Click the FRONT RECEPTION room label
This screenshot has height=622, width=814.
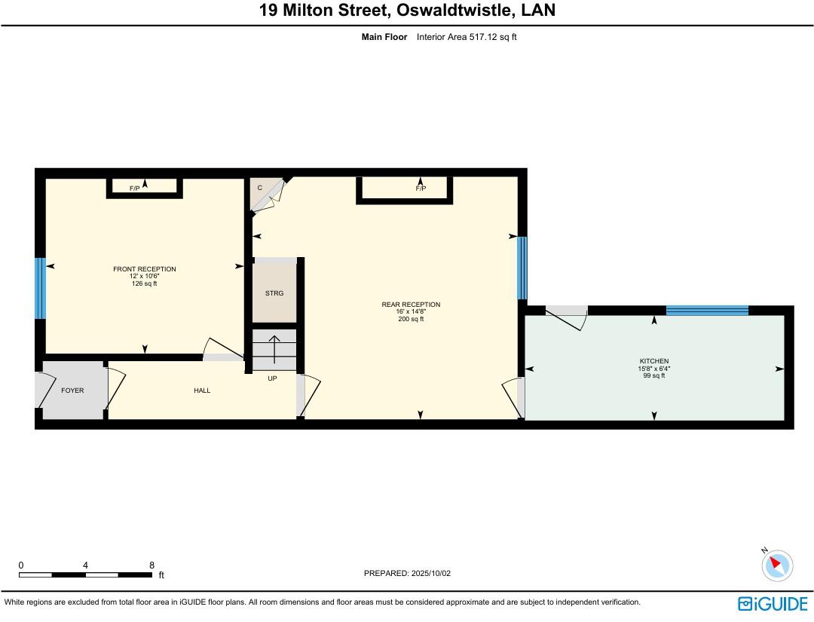(144, 269)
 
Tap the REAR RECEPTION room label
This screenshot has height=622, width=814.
(411, 305)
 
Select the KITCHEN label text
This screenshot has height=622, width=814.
(653, 361)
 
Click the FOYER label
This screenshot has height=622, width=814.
(72, 391)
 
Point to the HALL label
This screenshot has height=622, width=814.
(202, 391)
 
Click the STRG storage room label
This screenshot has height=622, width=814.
(274, 293)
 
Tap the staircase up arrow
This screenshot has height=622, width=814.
(274, 349)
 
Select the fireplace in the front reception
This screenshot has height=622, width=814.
(144, 186)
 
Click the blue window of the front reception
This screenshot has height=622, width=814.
(41, 288)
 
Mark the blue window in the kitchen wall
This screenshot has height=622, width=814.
(706, 310)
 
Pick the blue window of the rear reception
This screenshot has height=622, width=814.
(522, 268)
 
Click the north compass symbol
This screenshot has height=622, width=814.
(776, 565)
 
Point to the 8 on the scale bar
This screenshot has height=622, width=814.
(151, 565)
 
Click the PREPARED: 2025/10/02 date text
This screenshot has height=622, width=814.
(407, 573)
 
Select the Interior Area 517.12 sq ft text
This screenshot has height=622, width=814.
(467, 36)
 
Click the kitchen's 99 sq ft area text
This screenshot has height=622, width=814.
(653, 375)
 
